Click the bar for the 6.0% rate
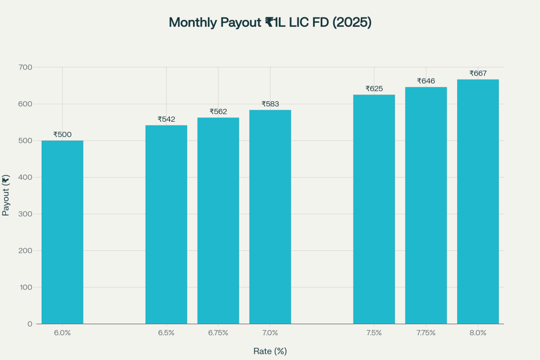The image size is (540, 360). [x=62, y=232]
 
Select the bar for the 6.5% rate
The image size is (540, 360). [x=166, y=224]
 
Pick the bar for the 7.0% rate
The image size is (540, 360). [x=270, y=217]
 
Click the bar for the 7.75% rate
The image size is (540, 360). [x=426, y=206]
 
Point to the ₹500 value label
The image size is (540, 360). [x=62, y=134]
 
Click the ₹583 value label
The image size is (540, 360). [x=270, y=104]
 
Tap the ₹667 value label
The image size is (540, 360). [x=478, y=73]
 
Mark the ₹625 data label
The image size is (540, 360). [x=374, y=89]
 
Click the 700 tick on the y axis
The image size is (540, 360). [x=25, y=67]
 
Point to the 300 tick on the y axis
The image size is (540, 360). [x=25, y=214]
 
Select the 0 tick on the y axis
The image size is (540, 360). [x=30, y=324]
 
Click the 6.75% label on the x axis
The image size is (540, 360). [x=218, y=333]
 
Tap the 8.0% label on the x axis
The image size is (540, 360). [x=478, y=333]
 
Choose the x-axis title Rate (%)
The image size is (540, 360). [x=270, y=351]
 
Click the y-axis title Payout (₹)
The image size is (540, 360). [x=6, y=196]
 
